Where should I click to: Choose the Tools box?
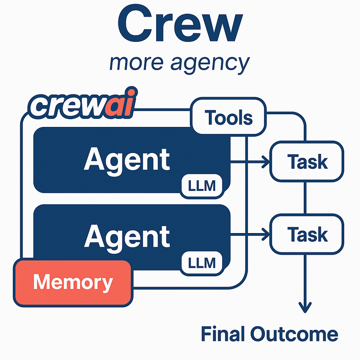pyautogui.click(x=229, y=118)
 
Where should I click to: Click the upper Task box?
pyautogui.click(x=306, y=162)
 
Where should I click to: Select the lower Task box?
pyautogui.click(x=306, y=234)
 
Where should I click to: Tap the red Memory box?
pyautogui.click(x=73, y=283)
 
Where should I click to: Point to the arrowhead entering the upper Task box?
pyautogui.click(x=265, y=162)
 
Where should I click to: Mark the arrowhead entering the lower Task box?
pyautogui.click(x=265, y=234)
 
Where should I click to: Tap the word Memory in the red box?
pyautogui.click(x=73, y=283)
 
